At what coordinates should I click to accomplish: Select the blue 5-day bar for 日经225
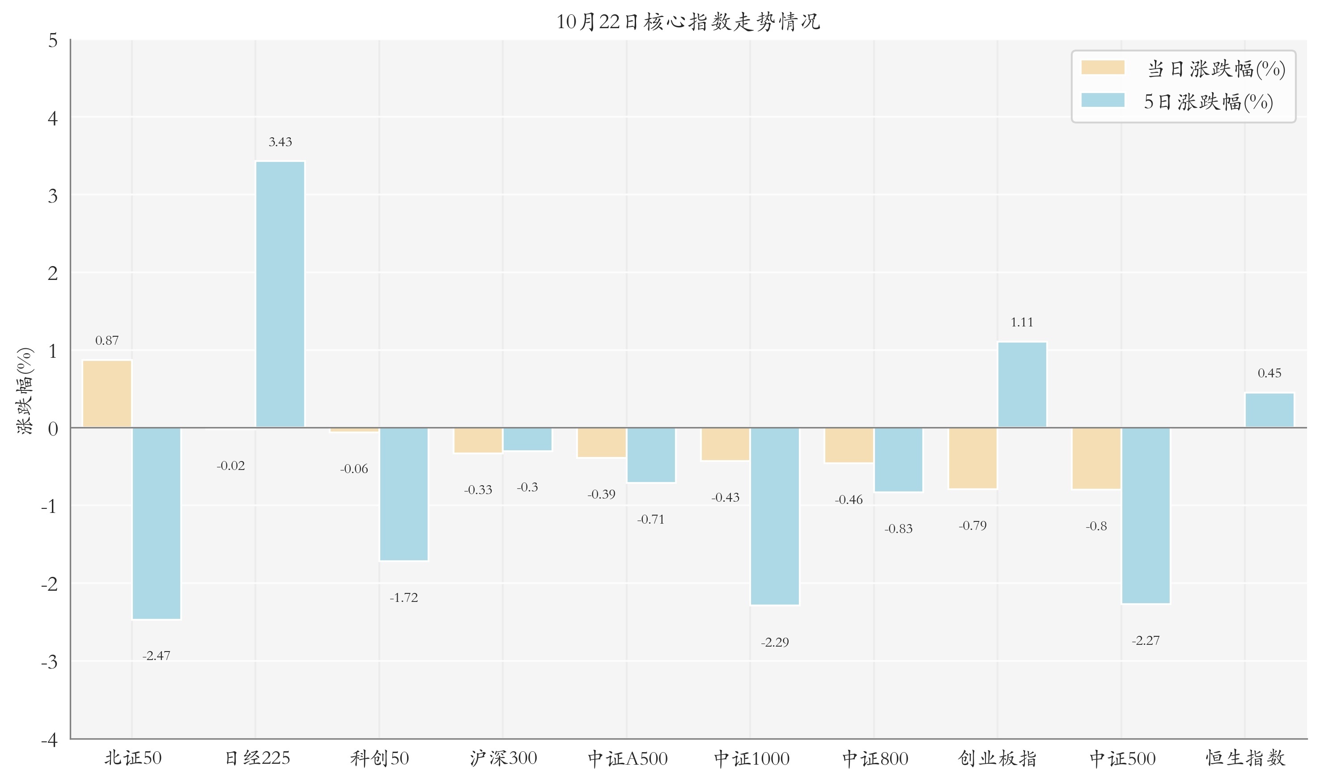pyautogui.click(x=280, y=294)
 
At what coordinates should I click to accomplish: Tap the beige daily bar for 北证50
pyautogui.click(x=107, y=394)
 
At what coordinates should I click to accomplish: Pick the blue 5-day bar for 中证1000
pyautogui.click(x=775, y=516)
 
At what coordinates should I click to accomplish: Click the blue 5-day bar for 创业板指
pyautogui.click(x=1022, y=385)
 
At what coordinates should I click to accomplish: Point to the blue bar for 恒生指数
pyautogui.click(x=1269, y=410)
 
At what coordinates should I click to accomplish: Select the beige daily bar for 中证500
pyautogui.click(x=1096, y=458)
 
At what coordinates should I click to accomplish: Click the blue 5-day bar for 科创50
pyautogui.click(x=404, y=494)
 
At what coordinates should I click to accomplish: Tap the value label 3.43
pyautogui.click(x=280, y=142)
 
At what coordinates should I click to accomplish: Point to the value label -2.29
pyautogui.click(x=775, y=643)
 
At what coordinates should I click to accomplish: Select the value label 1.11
pyautogui.click(x=1022, y=322)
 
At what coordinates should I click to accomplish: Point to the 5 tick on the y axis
pyautogui.click(x=53, y=41)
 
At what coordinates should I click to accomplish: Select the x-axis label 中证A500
pyautogui.click(x=628, y=758)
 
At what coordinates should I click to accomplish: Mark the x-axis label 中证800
pyautogui.click(x=875, y=758)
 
